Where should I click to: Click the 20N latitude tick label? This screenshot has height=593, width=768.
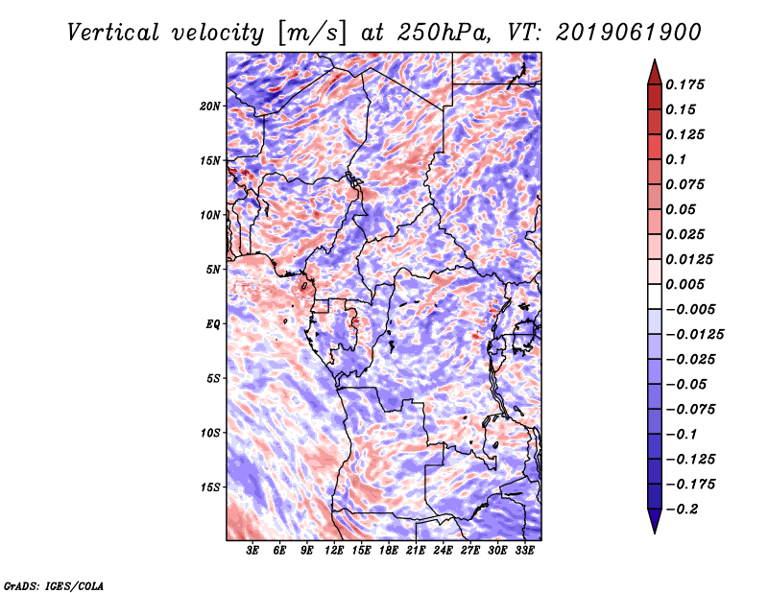click(209, 107)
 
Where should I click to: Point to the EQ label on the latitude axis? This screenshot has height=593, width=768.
click(212, 324)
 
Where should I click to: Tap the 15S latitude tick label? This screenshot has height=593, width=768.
click(209, 487)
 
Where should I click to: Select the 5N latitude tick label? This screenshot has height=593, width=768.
click(212, 270)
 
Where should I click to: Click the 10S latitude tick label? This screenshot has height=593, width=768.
click(209, 433)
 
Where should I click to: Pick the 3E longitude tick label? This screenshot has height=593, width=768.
click(252, 551)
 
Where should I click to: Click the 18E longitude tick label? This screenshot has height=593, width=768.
click(389, 551)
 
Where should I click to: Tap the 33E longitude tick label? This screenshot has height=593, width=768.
click(524, 551)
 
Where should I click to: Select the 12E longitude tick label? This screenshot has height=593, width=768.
click(334, 551)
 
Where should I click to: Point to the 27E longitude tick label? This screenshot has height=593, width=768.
click(470, 551)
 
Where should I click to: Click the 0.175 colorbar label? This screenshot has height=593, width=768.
click(684, 84)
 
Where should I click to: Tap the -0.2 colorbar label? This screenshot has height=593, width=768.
click(682, 510)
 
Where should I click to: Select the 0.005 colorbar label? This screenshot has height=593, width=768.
click(684, 284)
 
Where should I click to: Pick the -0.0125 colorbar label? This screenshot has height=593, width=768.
click(694, 335)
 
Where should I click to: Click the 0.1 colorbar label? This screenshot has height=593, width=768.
click(676, 159)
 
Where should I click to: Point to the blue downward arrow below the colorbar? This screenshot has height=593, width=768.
click(655, 519)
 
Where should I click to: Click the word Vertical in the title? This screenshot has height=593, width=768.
click(113, 33)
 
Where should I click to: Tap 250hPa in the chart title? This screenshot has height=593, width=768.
click(444, 33)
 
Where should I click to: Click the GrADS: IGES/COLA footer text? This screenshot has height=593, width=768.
click(54, 586)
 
